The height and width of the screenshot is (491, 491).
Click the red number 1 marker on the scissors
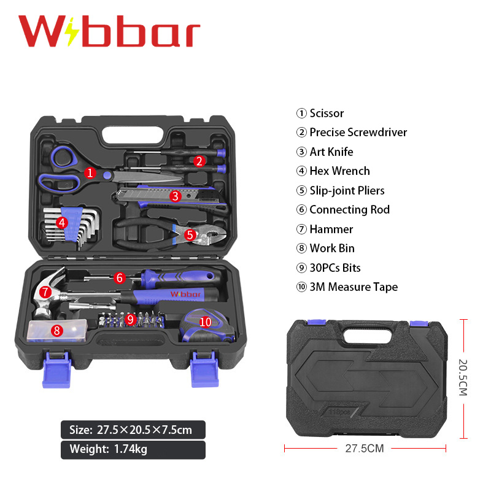click(90, 172)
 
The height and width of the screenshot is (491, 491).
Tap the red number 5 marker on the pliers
click(190, 235)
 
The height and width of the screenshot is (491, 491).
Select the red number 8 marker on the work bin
click(57, 330)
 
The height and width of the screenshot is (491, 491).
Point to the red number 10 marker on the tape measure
click(206, 322)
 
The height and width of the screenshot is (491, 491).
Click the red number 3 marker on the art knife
click(176, 196)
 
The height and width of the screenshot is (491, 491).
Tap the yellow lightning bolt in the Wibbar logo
click(73, 32)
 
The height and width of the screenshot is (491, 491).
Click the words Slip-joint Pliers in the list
click(347, 190)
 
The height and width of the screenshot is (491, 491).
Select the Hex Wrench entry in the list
click(340, 171)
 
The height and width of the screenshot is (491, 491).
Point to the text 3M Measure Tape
click(354, 287)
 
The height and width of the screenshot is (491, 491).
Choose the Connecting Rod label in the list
click(349, 209)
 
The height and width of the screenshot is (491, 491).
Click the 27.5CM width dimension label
click(365, 449)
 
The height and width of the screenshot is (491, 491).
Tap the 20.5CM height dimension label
click(463, 377)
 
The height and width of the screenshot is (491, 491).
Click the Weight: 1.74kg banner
click(133, 450)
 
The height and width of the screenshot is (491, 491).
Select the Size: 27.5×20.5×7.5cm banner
click(133, 430)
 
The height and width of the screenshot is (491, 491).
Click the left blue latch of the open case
click(56, 370)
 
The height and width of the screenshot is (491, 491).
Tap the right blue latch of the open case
click(204, 369)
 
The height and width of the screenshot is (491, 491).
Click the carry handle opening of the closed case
click(368, 335)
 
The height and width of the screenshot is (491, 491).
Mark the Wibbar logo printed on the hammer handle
click(185, 294)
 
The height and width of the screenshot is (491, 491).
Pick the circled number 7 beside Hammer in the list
click(301, 229)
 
